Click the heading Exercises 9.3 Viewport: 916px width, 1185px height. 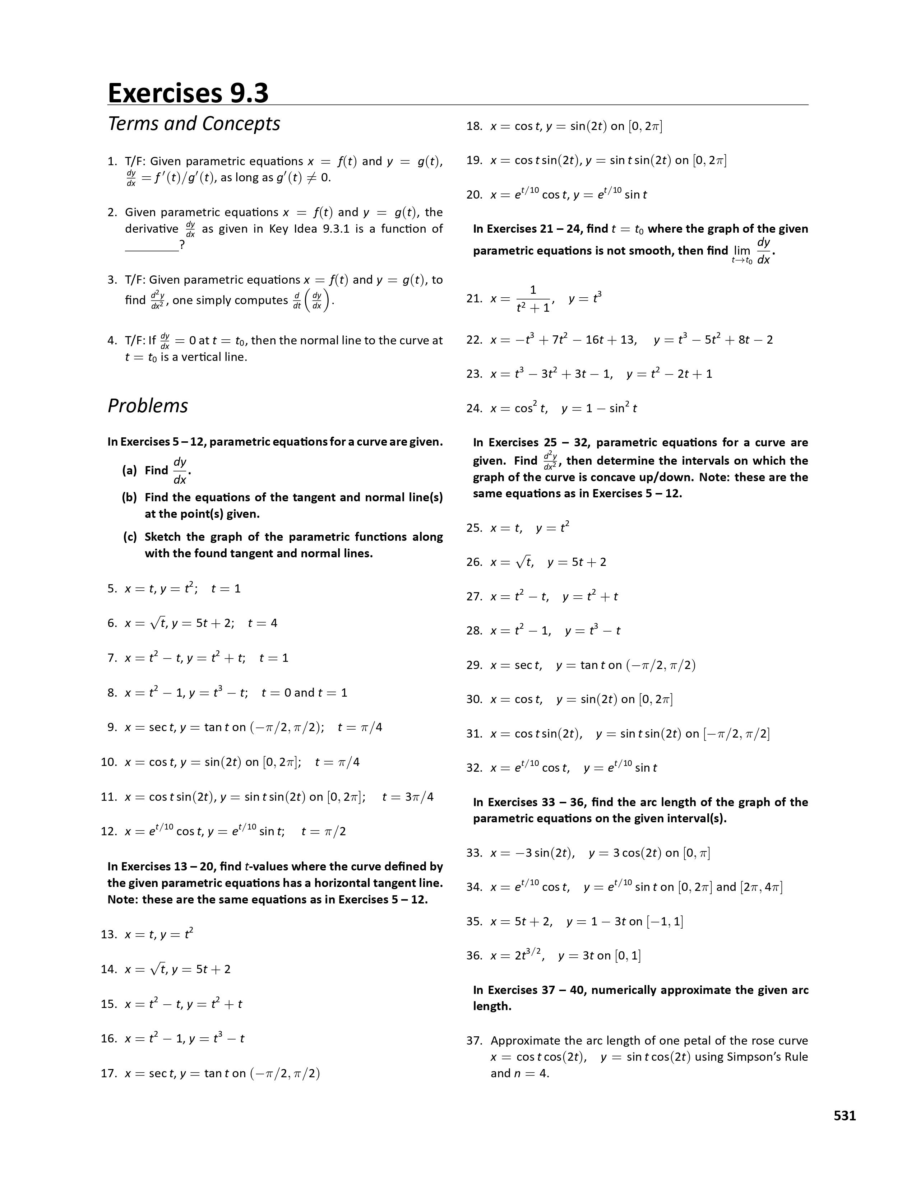pos(188,92)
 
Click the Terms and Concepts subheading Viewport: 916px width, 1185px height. pos(194,124)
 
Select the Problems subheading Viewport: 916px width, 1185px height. pos(148,406)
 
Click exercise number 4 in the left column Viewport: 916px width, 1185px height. pos(112,341)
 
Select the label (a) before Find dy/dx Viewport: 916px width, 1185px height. pos(129,470)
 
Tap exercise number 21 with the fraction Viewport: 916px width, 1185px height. pos(474,298)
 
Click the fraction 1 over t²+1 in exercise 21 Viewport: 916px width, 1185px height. pos(533,299)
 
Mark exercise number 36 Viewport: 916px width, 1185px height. pos(474,956)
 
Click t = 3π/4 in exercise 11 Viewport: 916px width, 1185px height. pos(408,797)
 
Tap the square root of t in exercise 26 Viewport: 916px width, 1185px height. pos(524,562)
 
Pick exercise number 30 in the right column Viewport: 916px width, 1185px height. pos(474,700)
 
